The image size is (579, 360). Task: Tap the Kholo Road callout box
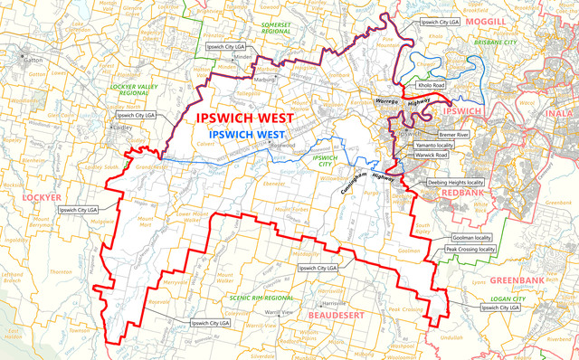click(431, 85)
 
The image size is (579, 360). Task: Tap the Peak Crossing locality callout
click(470, 248)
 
